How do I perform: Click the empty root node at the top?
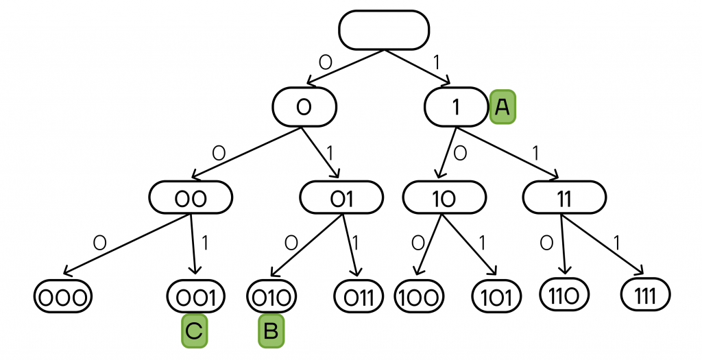tap(384, 29)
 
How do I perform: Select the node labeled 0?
tap(304, 106)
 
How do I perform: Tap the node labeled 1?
tap(455, 107)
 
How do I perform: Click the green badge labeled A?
tap(503, 107)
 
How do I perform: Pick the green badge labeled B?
tap(270, 331)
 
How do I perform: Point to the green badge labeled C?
tap(193, 331)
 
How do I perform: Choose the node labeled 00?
tap(191, 198)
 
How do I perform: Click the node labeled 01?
tap(341, 198)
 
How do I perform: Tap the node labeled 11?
tap(564, 198)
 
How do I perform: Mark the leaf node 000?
tap(62, 297)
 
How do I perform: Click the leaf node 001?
tap(196, 297)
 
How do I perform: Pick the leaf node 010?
tap(271, 297)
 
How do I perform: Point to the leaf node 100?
tap(420, 297)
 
